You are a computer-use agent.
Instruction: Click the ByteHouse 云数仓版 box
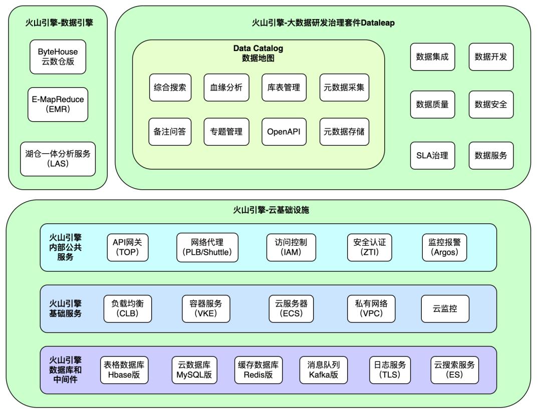click(x=58, y=57)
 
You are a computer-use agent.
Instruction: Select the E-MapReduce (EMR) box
click(x=58, y=104)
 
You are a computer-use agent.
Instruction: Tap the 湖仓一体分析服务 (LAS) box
click(x=58, y=159)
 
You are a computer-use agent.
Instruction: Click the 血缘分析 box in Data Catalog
click(x=226, y=88)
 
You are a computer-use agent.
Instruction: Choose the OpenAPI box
click(x=284, y=131)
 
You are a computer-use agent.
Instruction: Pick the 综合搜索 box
click(x=170, y=88)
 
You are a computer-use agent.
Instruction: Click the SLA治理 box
click(x=432, y=155)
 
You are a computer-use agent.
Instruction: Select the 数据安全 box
click(x=491, y=104)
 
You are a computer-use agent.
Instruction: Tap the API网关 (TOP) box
click(x=128, y=247)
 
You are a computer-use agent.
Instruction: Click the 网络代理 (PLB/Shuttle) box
click(x=207, y=247)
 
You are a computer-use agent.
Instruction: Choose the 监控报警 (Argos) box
click(x=444, y=247)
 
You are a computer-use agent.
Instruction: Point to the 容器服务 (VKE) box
click(x=205, y=308)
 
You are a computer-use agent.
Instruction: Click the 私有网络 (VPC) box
click(x=371, y=308)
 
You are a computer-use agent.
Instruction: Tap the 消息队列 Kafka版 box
click(x=324, y=370)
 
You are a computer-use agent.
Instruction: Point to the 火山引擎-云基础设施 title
click(x=271, y=210)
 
